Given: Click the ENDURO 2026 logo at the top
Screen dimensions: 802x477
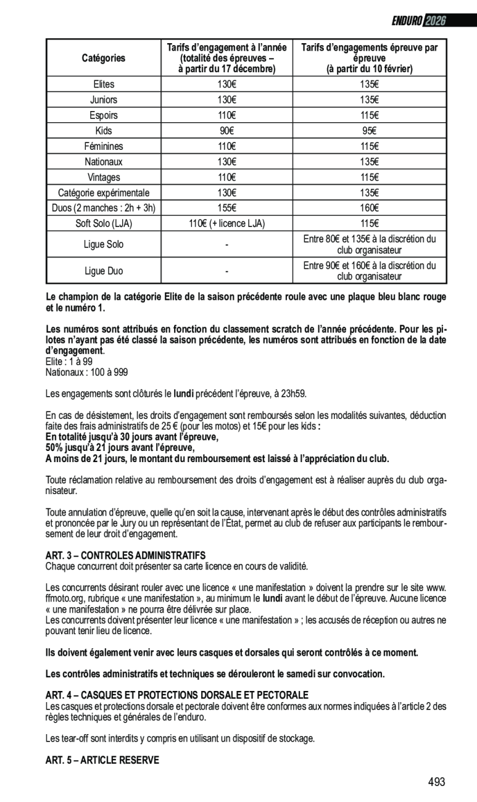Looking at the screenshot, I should [418, 21].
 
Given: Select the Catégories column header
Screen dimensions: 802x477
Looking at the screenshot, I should [104, 58].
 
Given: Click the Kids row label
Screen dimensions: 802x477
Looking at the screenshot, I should [104, 131].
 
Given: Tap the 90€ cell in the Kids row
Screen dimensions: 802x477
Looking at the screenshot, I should [227, 131].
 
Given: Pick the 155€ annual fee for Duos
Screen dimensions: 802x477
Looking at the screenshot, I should [227, 208].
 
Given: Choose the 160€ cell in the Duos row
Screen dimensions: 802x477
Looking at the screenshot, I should [370, 208].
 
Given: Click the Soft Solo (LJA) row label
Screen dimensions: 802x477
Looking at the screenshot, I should [104, 223].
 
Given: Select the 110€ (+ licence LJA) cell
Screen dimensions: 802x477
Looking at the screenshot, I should [227, 223].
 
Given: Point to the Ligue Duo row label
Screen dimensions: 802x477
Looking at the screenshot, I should [104, 271].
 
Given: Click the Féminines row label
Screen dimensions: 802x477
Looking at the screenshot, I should [104, 146].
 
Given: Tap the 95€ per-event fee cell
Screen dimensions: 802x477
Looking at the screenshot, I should [370, 131].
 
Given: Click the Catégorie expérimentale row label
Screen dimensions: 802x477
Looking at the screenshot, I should [104, 192].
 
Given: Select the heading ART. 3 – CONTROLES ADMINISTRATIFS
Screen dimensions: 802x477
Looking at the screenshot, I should [125, 556].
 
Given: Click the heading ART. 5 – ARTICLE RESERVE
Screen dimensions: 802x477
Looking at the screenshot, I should [102, 760].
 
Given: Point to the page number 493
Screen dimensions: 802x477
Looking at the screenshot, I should [436, 782].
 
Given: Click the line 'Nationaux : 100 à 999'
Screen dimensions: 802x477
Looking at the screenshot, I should [86, 373].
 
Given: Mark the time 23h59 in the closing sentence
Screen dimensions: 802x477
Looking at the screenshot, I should [295, 393].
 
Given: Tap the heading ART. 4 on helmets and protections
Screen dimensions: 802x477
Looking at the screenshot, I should [176, 695].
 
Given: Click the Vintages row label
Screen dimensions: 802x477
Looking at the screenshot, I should [104, 177].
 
